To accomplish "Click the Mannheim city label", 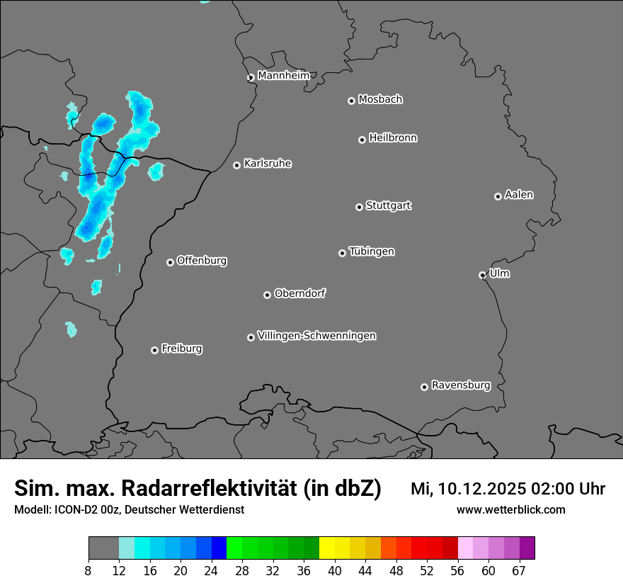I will pyautogui.click(x=283, y=76).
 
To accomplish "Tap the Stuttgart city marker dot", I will pyautogui.click(x=360, y=207).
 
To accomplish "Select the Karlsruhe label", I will pyautogui.click(x=268, y=164).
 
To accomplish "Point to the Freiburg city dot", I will pyautogui.click(x=154, y=350).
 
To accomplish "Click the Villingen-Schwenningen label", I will pyautogui.click(x=316, y=336).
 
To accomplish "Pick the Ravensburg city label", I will pyautogui.click(x=461, y=385).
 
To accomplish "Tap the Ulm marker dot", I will pyautogui.click(x=482, y=275).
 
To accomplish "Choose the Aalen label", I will pyautogui.click(x=519, y=195).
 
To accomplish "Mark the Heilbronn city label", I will pyautogui.click(x=393, y=138).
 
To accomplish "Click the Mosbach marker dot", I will pyautogui.click(x=351, y=101).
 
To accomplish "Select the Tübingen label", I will pyautogui.click(x=372, y=251).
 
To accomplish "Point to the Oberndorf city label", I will pyautogui.click(x=299, y=293).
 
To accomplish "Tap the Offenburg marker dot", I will pyautogui.click(x=170, y=262).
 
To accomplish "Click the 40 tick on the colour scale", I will pyautogui.click(x=334, y=571).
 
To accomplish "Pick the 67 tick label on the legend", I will pyautogui.click(x=519, y=571).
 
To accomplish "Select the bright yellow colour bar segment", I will pyautogui.click(x=326, y=548).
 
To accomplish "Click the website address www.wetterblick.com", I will pyautogui.click(x=510, y=510).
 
